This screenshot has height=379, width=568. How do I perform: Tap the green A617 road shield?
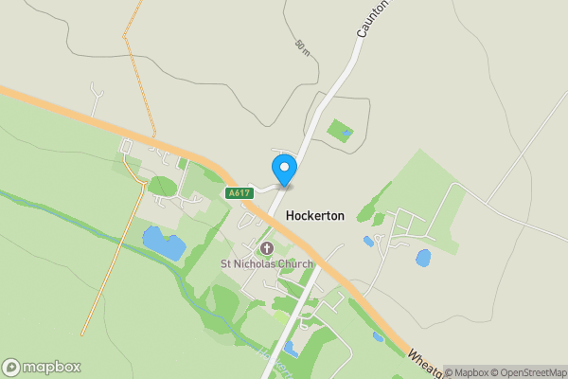point(239,193)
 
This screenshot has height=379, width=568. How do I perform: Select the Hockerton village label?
point(315,216)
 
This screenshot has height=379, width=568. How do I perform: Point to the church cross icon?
point(266,248)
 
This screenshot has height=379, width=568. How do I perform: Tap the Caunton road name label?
point(373,19)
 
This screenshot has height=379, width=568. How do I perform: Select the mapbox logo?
point(42,367)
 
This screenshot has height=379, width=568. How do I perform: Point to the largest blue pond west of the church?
point(163,243)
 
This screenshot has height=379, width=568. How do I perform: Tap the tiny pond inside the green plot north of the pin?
point(347,134)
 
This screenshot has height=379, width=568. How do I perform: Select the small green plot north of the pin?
point(339,129)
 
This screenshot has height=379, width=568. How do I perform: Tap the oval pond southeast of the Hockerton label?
point(422,257)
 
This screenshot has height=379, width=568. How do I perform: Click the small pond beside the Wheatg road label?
point(379,336)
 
